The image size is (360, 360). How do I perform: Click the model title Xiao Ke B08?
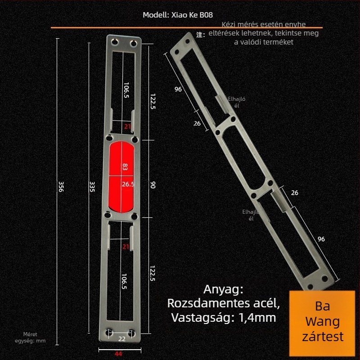(178, 15)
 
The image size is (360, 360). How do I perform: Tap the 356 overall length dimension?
(61, 186)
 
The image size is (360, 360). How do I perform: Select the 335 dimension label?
(92, 187)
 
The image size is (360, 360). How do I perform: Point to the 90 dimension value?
(153, 185)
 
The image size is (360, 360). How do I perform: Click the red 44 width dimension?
(118, 354)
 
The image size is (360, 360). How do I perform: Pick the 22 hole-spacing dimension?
(122, 339)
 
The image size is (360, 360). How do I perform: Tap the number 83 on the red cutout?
(125, 166)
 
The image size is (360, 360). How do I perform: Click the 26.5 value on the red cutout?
(128, 184)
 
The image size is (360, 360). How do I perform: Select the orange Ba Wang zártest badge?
(322, 323)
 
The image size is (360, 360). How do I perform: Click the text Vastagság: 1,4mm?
(223, 318)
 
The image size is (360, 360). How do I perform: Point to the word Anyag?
(223, 290)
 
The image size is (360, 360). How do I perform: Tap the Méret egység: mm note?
(30, 337)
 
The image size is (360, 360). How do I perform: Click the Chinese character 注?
(200, 35)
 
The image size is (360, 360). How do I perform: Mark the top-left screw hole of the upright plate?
(115, 42)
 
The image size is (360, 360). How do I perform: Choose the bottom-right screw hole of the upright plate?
(131, 333)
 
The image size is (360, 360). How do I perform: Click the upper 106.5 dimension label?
(126, 90)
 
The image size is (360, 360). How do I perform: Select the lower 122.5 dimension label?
(153, 273)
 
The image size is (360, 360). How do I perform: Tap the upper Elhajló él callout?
(237, 102)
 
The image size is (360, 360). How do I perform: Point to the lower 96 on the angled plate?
(321, 239)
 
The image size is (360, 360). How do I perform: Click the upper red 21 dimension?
(127, 126)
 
